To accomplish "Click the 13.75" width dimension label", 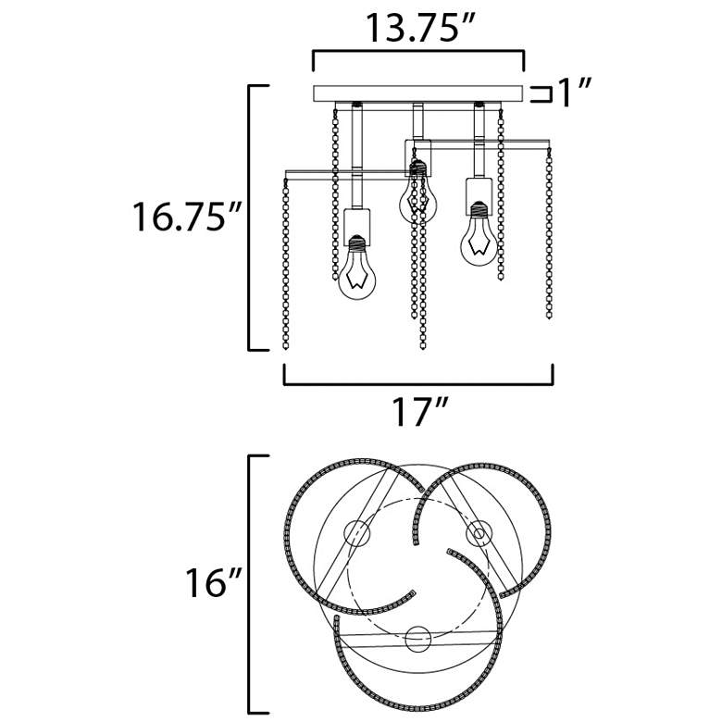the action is tap(419, 28).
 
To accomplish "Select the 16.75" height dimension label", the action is tap(187, 217).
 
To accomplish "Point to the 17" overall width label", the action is tap(419, 411).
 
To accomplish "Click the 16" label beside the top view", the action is tap(214, 582).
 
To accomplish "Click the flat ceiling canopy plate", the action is tap(418, 93).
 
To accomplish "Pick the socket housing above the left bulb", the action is tap(357, 227).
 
